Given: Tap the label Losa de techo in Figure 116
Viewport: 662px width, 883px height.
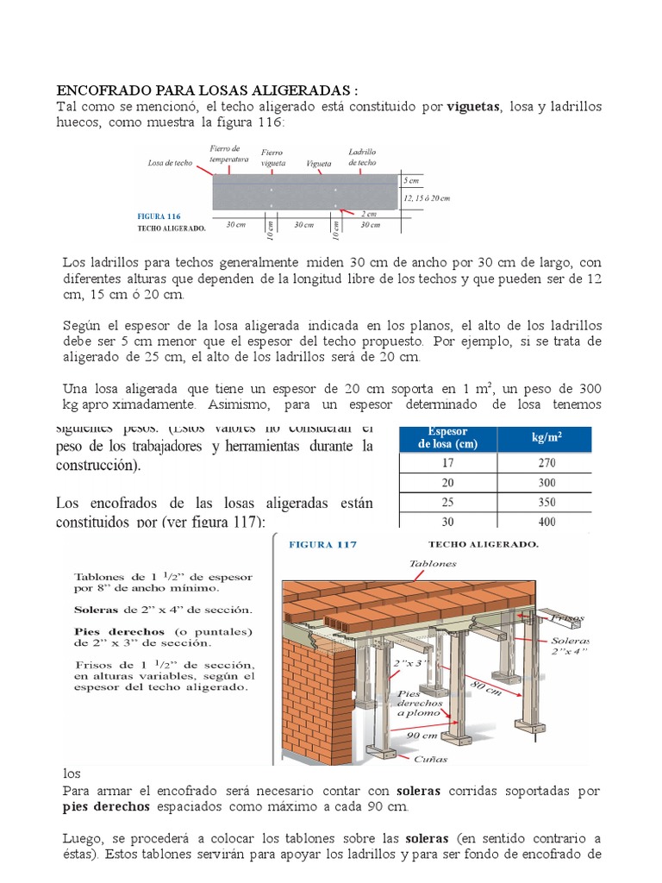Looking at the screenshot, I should click(x=170, y=162).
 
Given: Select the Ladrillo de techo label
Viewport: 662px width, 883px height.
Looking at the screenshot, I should click(x=362, y=157).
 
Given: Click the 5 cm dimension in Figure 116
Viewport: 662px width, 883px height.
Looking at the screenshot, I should click(x=411, y=181).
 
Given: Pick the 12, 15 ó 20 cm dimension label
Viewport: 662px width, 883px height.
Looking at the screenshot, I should click(x=427, y=197).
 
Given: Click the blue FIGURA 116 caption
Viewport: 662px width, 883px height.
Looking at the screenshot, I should click(x=159, y=216).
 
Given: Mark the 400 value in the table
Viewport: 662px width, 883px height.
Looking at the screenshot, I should click(x=546, y=522).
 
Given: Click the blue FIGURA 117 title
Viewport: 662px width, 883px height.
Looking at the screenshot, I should click(x=322, y=545).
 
